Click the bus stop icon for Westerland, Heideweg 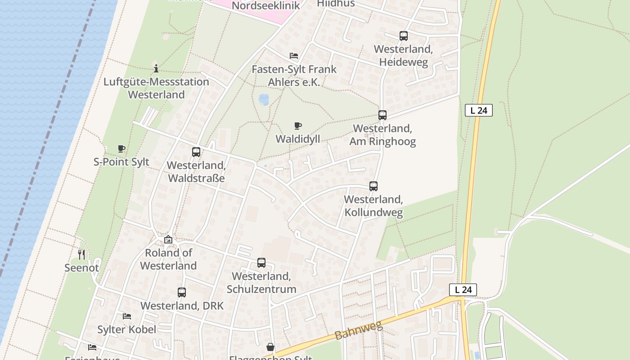[403, 36]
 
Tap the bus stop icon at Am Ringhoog [382, 115]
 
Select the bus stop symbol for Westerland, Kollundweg [373, 186]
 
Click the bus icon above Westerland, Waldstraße [196, 152]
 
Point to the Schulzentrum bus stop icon [261, 263]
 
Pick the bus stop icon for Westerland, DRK [181, 292]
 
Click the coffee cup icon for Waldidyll [297, 126]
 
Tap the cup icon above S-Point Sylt [121, 149]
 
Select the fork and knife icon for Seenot [81, 255]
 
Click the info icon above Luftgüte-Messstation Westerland [156, 68]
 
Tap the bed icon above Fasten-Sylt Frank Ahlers [294, 56]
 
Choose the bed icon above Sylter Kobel [127, 316]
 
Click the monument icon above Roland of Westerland [168, 240]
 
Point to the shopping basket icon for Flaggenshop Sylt [270, 347]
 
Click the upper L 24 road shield [478, 110]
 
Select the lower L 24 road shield [463, 290]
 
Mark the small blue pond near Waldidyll [264, 99]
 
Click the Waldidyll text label [297, 139]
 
